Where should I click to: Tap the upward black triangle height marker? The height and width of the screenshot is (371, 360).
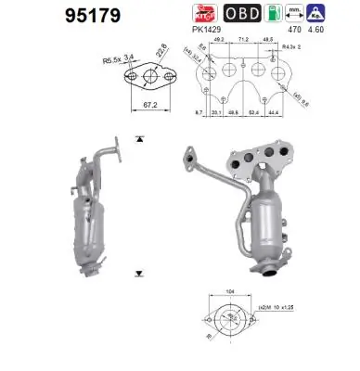coord(137,138)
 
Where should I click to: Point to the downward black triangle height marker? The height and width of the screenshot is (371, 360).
coord(137,273)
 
